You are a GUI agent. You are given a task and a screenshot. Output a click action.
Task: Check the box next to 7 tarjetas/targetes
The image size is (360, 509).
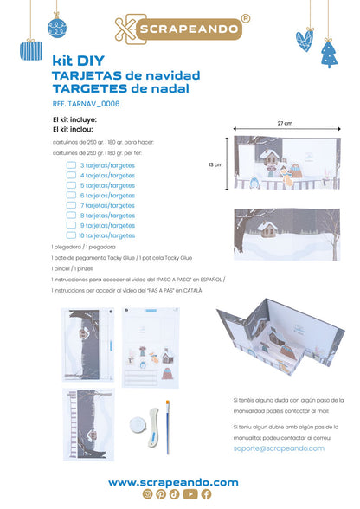point(72,205)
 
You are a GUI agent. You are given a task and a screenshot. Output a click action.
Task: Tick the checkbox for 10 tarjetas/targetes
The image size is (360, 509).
point(72,235)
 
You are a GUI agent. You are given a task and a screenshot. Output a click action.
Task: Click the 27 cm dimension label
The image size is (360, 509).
point(285,123)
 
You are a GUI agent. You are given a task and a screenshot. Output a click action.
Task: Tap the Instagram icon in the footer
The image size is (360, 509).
point(149,494)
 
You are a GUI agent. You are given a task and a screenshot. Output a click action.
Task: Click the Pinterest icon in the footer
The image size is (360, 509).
point(161,494)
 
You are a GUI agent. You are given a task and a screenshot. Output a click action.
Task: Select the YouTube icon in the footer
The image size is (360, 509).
point(190,494)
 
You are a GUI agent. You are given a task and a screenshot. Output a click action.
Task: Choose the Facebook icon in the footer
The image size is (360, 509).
point(205,494)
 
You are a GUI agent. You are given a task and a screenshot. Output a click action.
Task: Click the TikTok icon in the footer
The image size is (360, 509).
point(176,494)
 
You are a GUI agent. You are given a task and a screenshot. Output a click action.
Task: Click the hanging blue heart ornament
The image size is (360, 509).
point(305,39)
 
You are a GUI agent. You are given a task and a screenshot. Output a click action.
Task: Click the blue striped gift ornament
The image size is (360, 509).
point(32,49)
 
